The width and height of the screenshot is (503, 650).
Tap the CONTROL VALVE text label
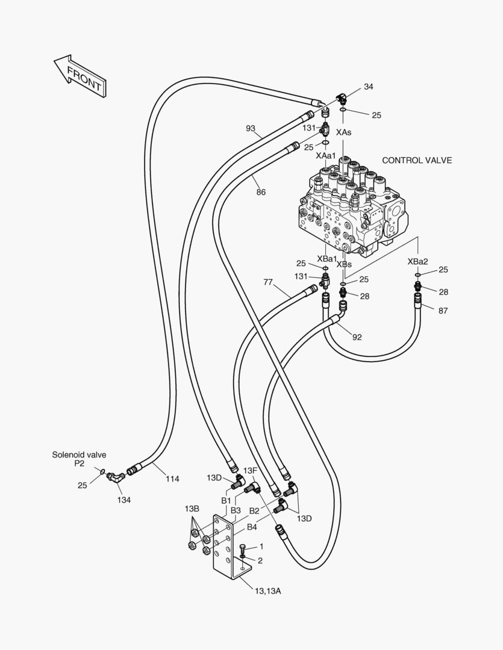[x=417, y=161]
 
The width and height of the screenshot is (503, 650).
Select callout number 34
[x=368, y=87]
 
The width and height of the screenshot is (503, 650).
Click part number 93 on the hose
[x=251, y=128]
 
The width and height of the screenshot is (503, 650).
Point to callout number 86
[x=261, y=193]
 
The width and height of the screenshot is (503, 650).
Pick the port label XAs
[x=344, y=132]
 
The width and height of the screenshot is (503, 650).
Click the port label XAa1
[x=326, y=155]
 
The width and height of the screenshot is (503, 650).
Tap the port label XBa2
[x=417, y=261]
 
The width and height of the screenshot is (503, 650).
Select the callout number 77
[x=269, y=282]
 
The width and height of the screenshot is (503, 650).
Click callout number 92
[x=357, y=337]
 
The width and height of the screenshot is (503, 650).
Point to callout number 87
[x=443, y=311]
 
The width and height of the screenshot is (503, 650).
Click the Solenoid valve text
[x=79, y=455]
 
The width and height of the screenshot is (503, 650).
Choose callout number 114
[x=173, y=479]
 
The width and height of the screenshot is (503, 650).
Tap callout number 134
[x=124, y=500]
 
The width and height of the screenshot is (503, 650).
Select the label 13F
[x=250, y=469]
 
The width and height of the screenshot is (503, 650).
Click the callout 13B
[x=192, y=509]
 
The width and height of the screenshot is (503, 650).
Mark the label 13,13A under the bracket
[x=267, y=591]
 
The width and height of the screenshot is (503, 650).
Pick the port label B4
[x=251, y=527]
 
